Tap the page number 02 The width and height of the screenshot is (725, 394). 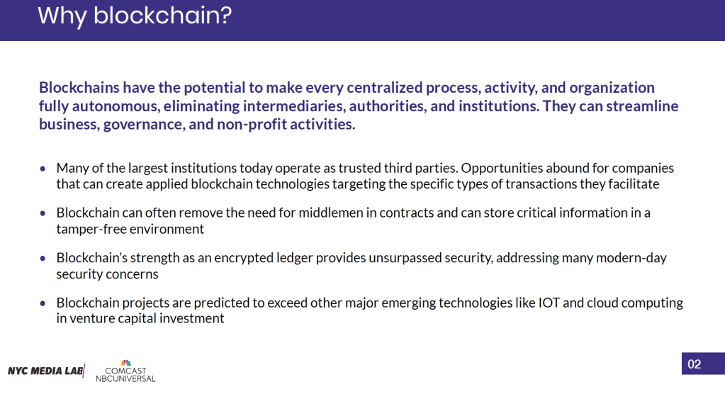pyautogui.click(x=694, y=364)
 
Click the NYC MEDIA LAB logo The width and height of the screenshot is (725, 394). pyautogui.click(x=46, y=371)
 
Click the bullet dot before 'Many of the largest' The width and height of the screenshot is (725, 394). pyautogui.click(x=43, y=169)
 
